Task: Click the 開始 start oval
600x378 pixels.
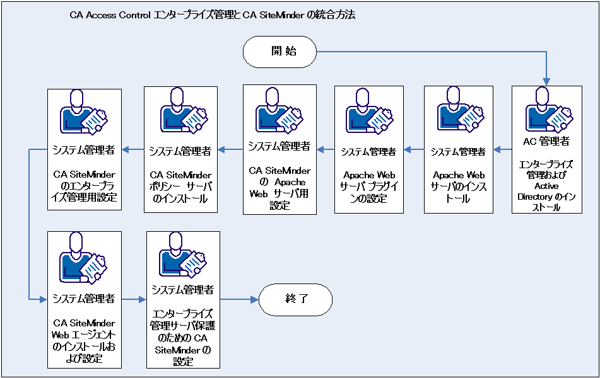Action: coord(279,53)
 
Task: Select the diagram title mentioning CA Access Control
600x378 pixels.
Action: coord(213,14)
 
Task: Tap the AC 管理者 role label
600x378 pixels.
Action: coord(546,141)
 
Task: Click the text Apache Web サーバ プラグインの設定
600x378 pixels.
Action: coord(368,186)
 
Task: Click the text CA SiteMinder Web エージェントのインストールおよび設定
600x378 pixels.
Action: coord(84,341)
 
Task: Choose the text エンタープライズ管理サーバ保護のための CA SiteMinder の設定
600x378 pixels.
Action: coord(182,336)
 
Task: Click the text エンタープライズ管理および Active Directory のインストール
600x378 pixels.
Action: coord(546,186)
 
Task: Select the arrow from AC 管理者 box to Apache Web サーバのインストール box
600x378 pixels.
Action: coord(502,149)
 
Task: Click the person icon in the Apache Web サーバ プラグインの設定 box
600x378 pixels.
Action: coord(368,113)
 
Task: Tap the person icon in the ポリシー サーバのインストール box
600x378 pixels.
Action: coord(180,113)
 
